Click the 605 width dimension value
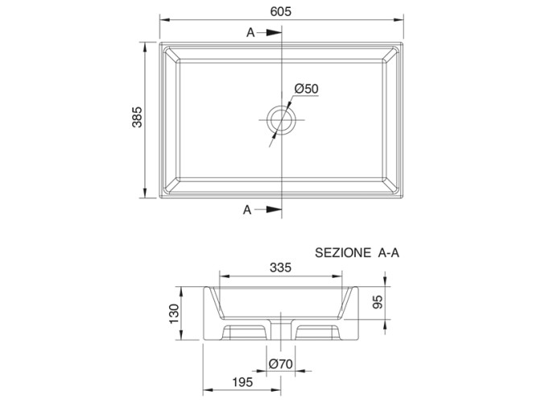click(280, 11)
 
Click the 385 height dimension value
click(137, 117)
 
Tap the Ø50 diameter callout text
click(306, 89)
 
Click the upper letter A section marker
click(250, 32)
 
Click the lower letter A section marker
click(247, 210)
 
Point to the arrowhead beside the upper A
click(274, 32)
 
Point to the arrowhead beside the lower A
click(274, 210)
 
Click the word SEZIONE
click(343, 253)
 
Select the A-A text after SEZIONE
click(389, 253)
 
